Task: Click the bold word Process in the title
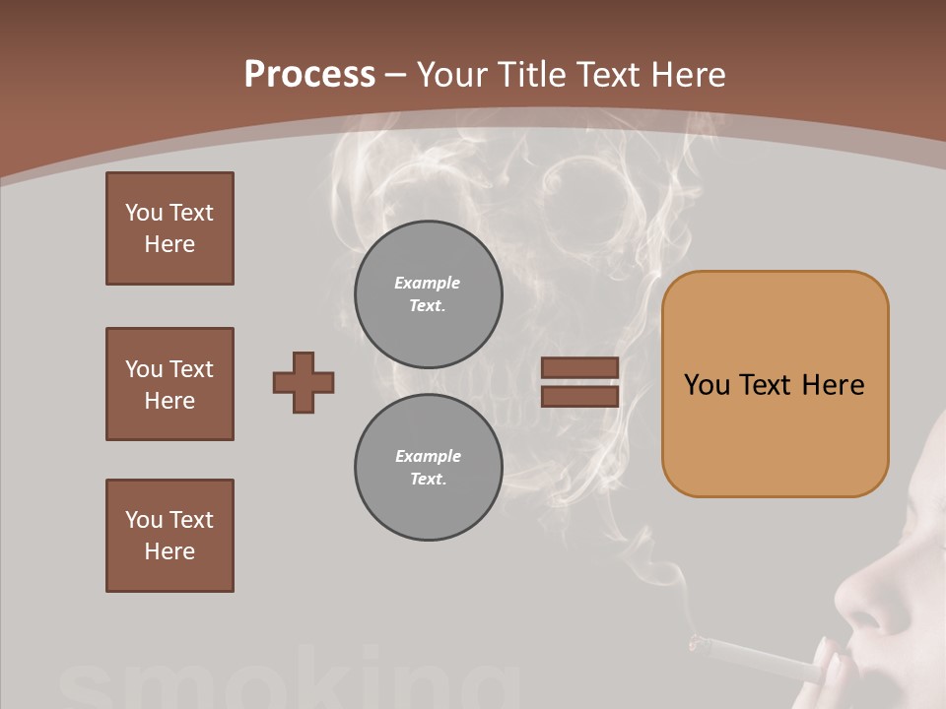[309, 74]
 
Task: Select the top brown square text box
[169, 228]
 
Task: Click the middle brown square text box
[169, 384]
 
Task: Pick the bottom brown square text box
[169, 536]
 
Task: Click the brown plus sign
[304, 382]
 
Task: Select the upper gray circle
[428, 293]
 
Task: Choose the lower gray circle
[428, 468]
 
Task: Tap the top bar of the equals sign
[579, 367]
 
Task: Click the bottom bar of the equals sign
[579, 396]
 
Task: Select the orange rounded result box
[775, 384]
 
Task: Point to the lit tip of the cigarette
[697, 644]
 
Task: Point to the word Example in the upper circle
[427, 283]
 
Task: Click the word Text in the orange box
[766, 384]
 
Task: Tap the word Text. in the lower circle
[428, 480]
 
